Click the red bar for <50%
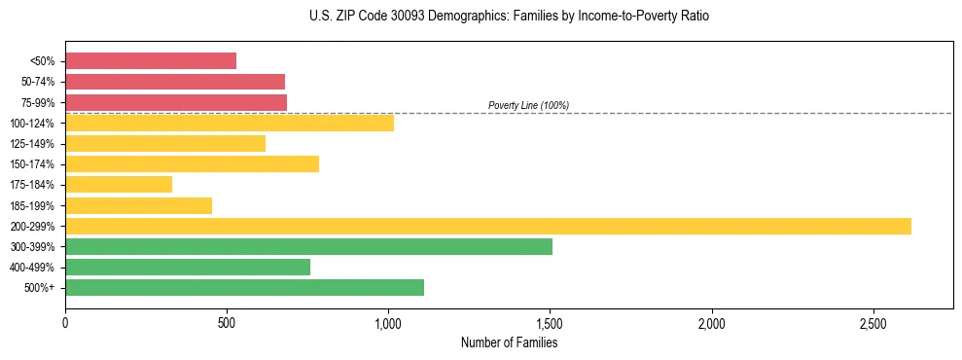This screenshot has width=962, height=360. [151, 61]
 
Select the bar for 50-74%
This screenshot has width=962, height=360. [175, 82]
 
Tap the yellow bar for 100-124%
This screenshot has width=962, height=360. [230, 123]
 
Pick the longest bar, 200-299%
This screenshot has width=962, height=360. [488, 226]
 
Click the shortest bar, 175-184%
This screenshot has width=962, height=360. [119, 185]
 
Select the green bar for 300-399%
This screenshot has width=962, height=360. [308, 246]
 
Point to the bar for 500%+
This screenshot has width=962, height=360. [244, 287]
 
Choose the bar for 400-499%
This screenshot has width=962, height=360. [188, 267]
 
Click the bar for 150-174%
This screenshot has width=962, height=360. [192, 163]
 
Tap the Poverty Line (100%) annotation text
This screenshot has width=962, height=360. [528, 105]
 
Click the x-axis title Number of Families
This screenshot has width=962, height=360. [509, 342]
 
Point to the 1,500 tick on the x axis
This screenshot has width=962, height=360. [551, 323]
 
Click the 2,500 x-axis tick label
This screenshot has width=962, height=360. [873, 323]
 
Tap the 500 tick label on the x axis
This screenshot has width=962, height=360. [227, 323]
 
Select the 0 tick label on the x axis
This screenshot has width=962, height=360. [65, 323]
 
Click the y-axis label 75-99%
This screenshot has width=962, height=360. [38, 102]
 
